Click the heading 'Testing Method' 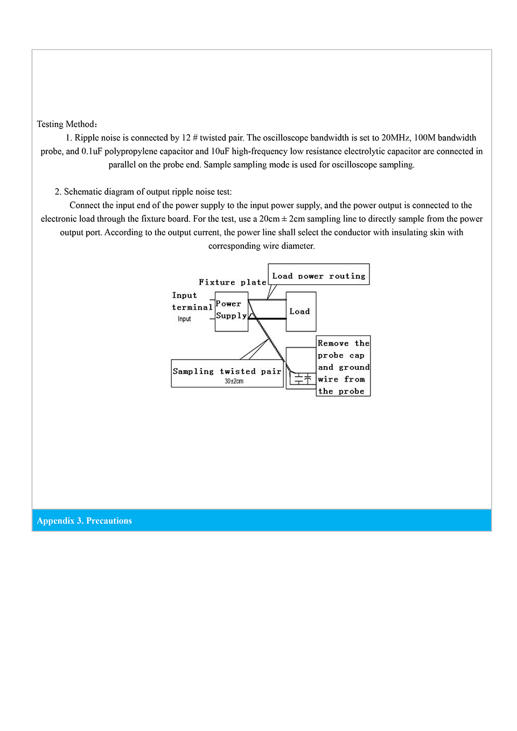tap(65, 124)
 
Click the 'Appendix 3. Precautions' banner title tap(85, 521)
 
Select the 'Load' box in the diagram tap(301, 312)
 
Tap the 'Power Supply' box tap(231, 311)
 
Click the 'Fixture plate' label tap(232, 282)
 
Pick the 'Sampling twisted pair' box tap(227, 372)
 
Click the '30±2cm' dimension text tap(234, 381)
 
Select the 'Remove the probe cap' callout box tap(343, 367)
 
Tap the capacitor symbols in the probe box tap(303, 379)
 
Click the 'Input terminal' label tap(192, 301)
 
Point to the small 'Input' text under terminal tap(184, 319)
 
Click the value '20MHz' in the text tap(395, 138)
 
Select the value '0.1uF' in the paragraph tap(92, 151)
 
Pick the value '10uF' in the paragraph tap(220, 151)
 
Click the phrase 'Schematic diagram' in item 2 tap(97, 192)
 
